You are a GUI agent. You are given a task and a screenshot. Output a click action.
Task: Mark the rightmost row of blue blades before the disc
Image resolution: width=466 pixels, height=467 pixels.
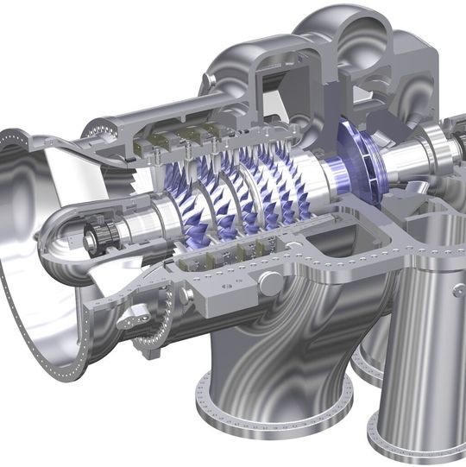point(298,186)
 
